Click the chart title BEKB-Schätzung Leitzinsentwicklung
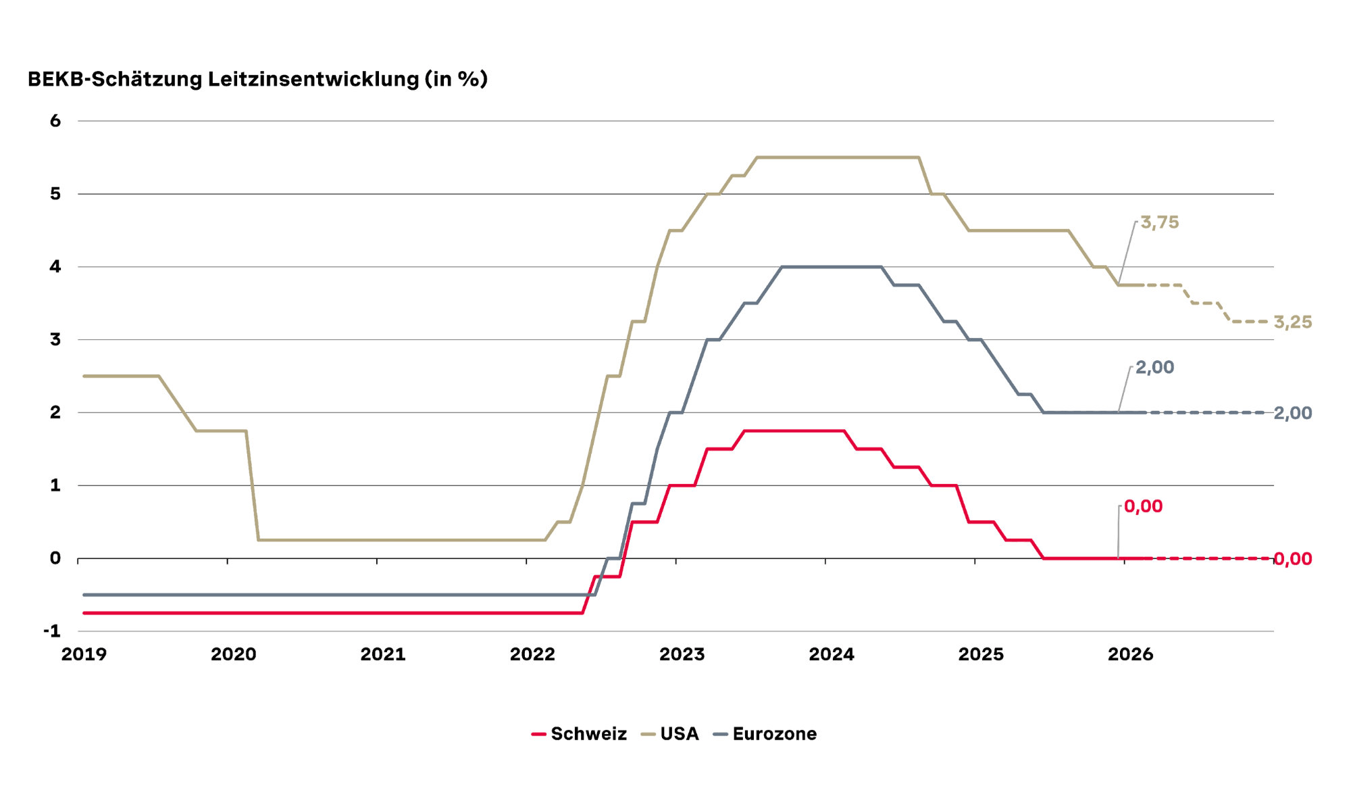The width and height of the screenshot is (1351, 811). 257,79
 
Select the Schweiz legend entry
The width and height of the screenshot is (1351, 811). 580,734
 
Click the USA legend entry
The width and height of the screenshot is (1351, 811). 670,734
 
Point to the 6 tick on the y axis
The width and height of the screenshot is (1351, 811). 55,121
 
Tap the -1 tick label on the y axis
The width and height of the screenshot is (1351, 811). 52,631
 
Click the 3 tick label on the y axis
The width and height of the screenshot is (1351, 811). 55,340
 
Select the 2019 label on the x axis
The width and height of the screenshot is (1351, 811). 84,654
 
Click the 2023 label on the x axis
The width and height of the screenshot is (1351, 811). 682,654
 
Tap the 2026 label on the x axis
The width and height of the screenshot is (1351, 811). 1130,654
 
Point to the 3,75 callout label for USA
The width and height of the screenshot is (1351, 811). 1159,222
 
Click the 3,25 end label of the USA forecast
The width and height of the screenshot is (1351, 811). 1292,322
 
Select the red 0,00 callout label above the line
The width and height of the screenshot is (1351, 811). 1143,506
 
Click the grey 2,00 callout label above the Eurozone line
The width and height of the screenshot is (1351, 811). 1154,367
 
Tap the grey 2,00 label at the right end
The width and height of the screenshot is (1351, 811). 1292,413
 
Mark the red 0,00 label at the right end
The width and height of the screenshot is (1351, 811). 1292,559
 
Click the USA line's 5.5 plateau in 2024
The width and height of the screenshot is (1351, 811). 838,157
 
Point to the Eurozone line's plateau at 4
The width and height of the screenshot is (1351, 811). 831,267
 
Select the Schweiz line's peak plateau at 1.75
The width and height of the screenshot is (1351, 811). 794,431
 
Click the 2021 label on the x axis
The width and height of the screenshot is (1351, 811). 382,654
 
